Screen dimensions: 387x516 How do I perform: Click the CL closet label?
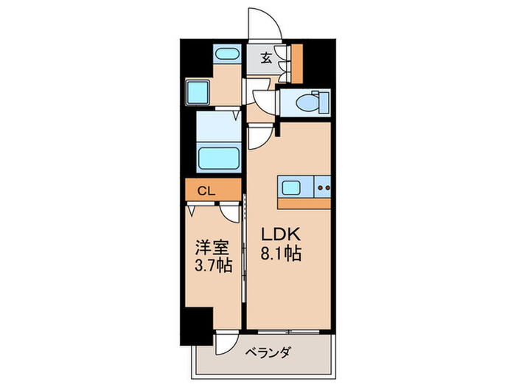(x=206, y=190)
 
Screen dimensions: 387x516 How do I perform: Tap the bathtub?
(x=218, y=158)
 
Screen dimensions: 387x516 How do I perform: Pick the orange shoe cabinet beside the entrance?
(x=298, y=63)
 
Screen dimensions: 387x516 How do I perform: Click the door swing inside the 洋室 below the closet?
(x=233, y=212)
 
